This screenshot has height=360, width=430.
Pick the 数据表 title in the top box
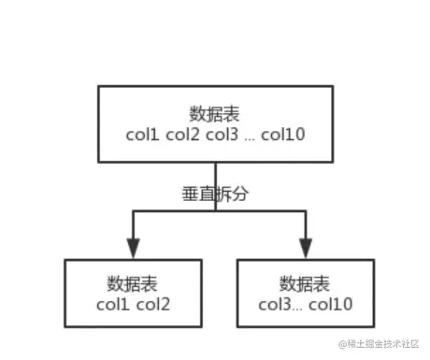(x=215, y=114)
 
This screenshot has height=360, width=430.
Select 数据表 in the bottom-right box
(x=306, y=282)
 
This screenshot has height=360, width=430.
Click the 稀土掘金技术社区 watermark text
(x=385, y=347)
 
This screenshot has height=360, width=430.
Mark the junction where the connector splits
(x=216, y=211)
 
